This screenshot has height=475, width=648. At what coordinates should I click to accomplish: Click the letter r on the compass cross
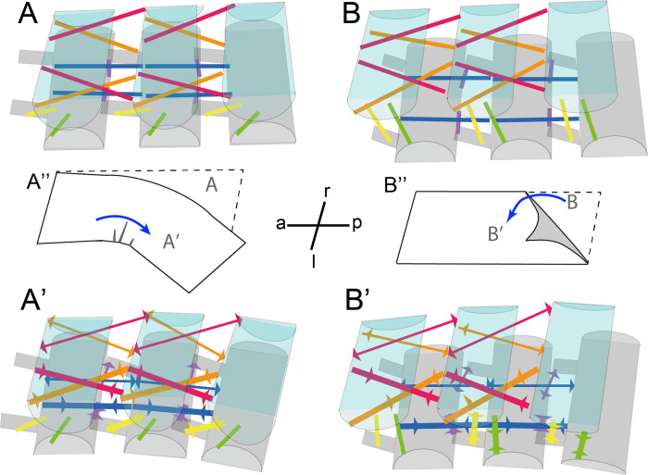pos(327,189)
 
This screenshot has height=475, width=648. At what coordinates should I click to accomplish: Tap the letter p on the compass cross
pos(357,223)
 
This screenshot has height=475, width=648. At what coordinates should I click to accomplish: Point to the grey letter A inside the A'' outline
pos(210,186)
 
